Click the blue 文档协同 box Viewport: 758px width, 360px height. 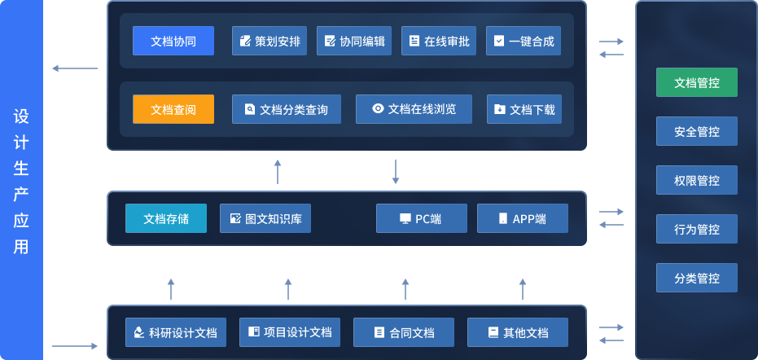pos(173,41)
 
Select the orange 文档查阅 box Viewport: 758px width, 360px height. pos(173,109)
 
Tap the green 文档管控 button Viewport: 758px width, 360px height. pos(697,82)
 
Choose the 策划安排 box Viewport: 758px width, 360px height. pos(269,41)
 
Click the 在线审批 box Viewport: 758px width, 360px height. pos(439,41)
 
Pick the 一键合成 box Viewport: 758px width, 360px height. pos(524,41)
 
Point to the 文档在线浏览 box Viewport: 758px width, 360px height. pos(414,109)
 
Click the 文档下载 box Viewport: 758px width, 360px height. pos(524,109)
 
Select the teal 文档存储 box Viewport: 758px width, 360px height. pos(166,218)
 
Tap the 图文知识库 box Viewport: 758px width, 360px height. pos(265,218)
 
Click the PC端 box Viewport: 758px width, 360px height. pos(421,218)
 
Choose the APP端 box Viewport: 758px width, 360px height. pos(522,218)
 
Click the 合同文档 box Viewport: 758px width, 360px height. pos(403,332)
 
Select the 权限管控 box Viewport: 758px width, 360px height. pos(697,180)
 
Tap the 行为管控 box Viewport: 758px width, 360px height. pos(697,229)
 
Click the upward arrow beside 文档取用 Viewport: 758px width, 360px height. pos(278,171)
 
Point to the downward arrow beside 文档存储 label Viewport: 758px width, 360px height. pos(396,171)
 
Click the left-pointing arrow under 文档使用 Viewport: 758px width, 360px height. pos(74,68)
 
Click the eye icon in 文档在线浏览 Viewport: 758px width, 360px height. pos(378,108)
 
